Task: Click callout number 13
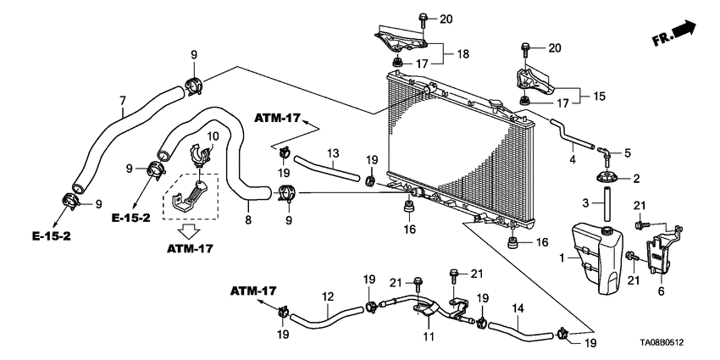coord(334,153)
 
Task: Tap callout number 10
coord(213,136)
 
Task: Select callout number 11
coord(428,337)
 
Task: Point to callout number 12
coord(326,296)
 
